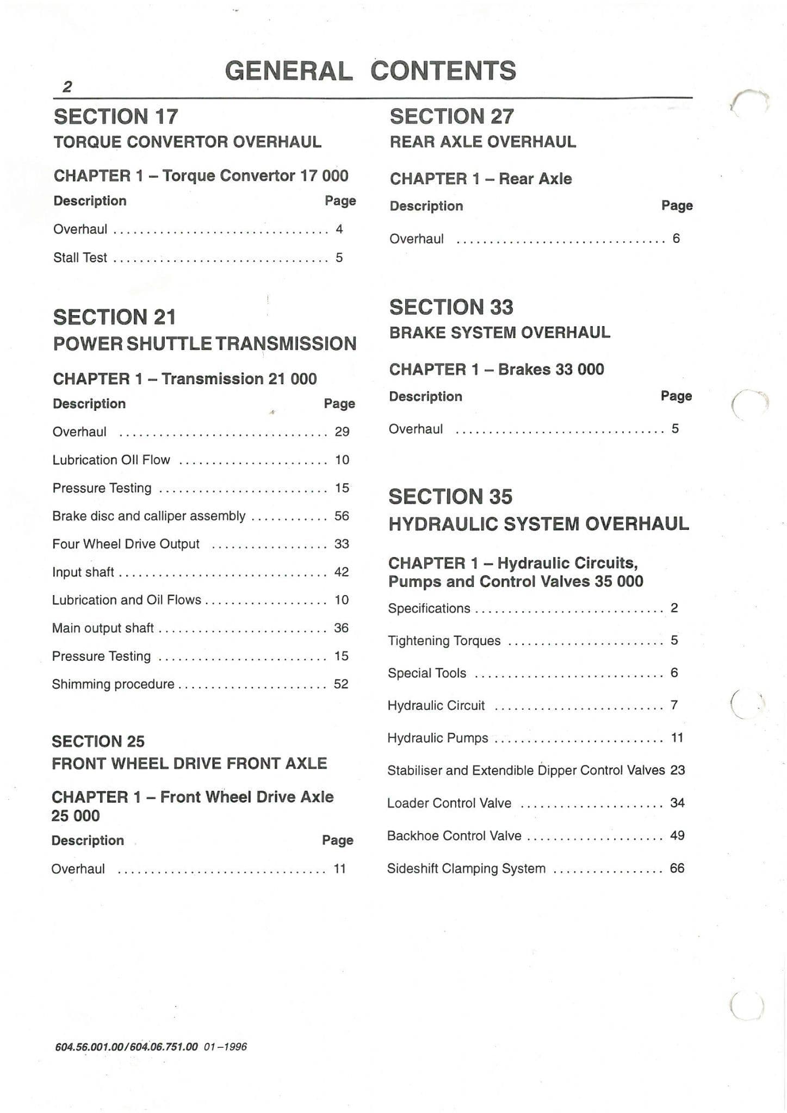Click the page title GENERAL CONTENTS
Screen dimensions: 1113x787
(x=370, y=71)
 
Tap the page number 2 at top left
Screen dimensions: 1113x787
(x=67, y=87)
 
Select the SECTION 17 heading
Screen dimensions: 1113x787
(x=116, y=116)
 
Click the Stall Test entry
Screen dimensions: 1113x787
(x=80, y=258)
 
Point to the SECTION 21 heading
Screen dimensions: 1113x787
(x=114, y=317)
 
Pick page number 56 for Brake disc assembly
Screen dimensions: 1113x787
(x=342, y=516)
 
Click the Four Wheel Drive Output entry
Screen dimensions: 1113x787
(x=126, y=544)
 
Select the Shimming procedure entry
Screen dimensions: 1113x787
(x=113, y=684)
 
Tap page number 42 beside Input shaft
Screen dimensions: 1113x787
(x=342, y=572)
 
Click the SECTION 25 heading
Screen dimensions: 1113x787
(x=98, y=741)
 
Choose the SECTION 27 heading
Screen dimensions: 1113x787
(x=451, y=116)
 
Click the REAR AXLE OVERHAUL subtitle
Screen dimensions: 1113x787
(x=482, y=142)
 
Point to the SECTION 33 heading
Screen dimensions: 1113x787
(x=451, y=307)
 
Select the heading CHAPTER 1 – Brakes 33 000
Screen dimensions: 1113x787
(x=496, y=370)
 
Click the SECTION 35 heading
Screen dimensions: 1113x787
(x=450, y=497)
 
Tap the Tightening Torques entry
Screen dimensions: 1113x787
(x=444, y=641)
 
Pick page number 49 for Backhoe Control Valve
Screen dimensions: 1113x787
(x=677, y=835)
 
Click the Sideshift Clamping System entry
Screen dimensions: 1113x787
(x=466, y=868)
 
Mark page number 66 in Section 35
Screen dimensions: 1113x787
(x=677, y=868)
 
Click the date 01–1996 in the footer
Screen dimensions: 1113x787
(x=225, y=1047)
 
